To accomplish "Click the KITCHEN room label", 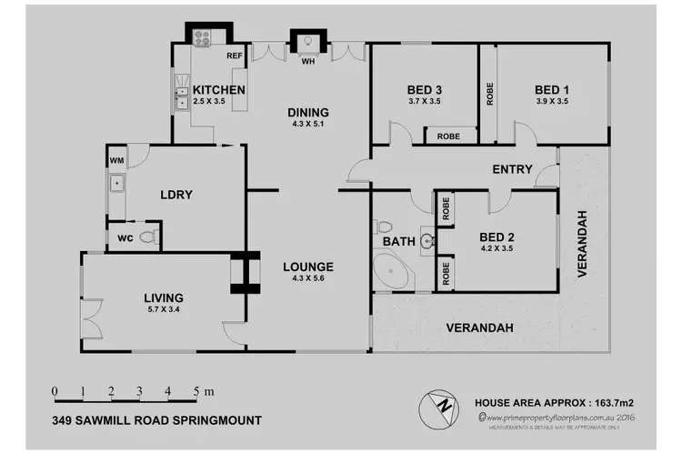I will point(218,90).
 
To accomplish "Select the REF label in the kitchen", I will point(234,56).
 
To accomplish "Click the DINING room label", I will point(308,113).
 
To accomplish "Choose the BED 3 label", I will point(425,89).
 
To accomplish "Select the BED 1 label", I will point(552,89).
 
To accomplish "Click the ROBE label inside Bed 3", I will point(448,136).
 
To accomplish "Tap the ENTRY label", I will point(512,169).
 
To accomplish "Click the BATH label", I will point(400,242).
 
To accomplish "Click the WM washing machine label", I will point(115,161).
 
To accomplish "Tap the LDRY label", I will point(175,195).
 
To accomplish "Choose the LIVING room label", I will point(164,298).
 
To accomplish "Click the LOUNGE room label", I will point(307,267).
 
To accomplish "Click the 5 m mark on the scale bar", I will point(196,392).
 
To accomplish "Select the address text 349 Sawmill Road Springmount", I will point(157,420).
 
